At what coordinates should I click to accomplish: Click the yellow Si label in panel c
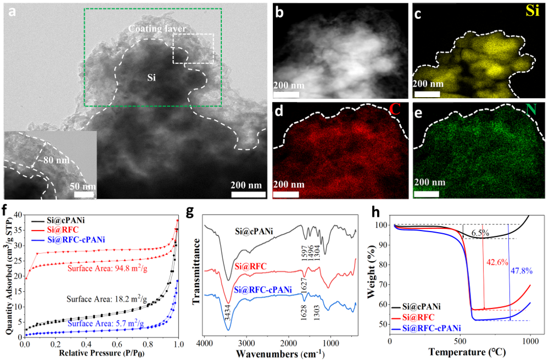pos(532,12)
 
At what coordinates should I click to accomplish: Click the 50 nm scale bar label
pos(83,186)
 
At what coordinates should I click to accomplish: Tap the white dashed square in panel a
pos(193,48)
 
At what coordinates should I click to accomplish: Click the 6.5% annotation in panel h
pos(481,234)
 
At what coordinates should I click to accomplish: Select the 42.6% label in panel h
pos(496,262)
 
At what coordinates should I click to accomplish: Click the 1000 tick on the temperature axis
pos(530,341)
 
